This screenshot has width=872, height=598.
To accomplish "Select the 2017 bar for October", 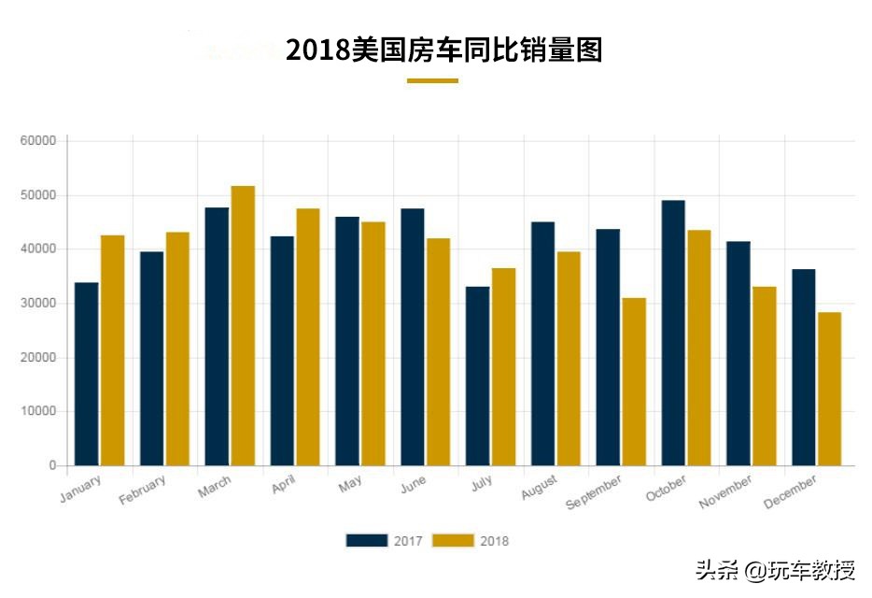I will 673,333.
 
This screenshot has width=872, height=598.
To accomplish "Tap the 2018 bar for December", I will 829,389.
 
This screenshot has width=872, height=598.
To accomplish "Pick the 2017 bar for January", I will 87,374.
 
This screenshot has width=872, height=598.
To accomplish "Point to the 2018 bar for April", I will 308,336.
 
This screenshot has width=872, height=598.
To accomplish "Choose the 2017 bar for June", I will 413,336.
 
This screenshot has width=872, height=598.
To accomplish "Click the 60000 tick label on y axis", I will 38,141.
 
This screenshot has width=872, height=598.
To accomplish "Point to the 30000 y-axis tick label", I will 38,304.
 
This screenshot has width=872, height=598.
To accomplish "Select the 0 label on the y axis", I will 52,465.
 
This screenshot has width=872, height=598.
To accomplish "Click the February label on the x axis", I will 143,490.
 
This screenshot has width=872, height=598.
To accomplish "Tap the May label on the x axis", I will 350,484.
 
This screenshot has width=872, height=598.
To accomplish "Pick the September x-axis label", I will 594,492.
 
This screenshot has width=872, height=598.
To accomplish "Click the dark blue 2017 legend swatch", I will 366,540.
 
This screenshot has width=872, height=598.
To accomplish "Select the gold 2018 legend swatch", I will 455,540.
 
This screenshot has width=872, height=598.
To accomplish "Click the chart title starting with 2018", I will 443,50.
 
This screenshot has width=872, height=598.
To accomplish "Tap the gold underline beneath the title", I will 432,81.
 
